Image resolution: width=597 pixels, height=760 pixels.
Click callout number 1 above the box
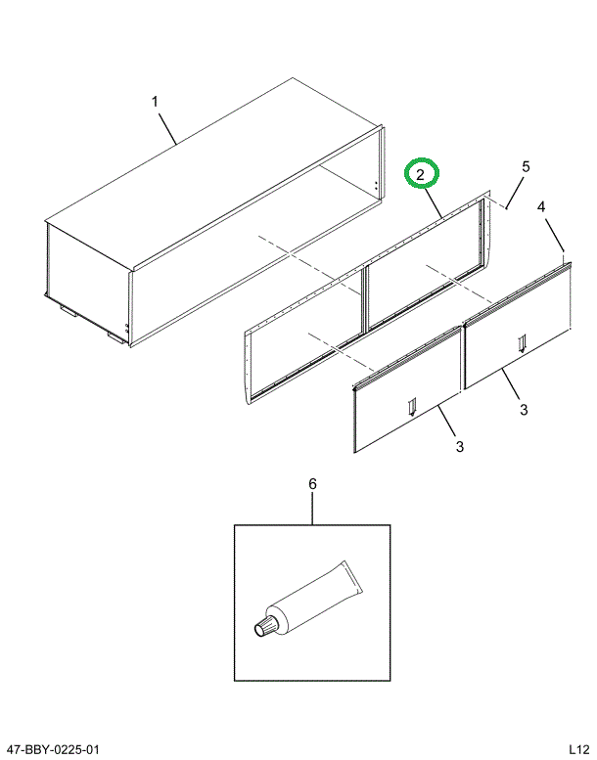coord(154,101)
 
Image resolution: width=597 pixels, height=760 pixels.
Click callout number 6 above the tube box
coord(312,484)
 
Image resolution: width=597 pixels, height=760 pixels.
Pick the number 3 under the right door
coord(524,409)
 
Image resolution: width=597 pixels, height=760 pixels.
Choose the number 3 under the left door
coord(459,447)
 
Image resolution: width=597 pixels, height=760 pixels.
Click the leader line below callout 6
coord(312,509)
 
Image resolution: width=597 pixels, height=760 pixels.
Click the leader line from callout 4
coord(554,236)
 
